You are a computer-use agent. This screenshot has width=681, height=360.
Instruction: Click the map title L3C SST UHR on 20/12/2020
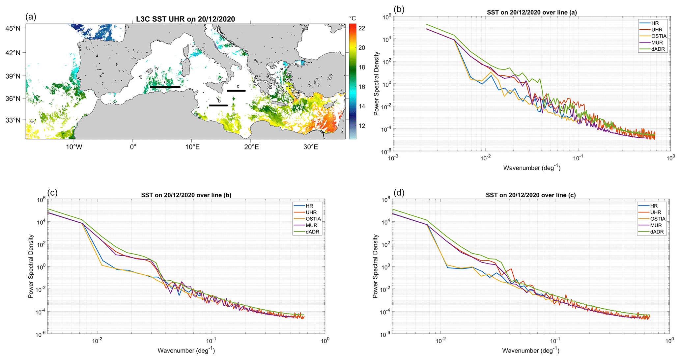[185, 19]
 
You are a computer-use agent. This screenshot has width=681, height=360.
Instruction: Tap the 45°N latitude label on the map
[13, 28]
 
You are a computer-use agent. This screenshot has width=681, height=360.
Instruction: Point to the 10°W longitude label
[73, 147]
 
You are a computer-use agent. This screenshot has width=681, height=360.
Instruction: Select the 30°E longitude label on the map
[310, 147]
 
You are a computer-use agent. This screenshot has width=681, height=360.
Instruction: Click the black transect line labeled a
[165, 87]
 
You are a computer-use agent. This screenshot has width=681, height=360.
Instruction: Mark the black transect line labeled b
[218, 105]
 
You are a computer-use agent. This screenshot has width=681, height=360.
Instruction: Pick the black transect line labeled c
[236, 91]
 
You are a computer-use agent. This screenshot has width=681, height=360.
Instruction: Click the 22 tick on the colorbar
[361, 28]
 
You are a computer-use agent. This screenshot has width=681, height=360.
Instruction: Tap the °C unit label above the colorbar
[353, 18]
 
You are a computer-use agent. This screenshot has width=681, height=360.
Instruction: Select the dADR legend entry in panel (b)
[657, 49]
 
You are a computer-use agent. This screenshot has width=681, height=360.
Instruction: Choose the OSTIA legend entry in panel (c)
[313, 219]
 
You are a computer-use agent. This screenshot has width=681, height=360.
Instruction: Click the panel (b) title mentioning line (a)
[532, 13]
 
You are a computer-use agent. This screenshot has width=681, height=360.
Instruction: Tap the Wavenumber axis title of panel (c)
[186, 350]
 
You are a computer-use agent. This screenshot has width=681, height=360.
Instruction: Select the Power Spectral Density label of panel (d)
[375, 266]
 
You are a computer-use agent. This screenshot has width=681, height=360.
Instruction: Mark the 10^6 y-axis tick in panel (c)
[41, 200]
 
